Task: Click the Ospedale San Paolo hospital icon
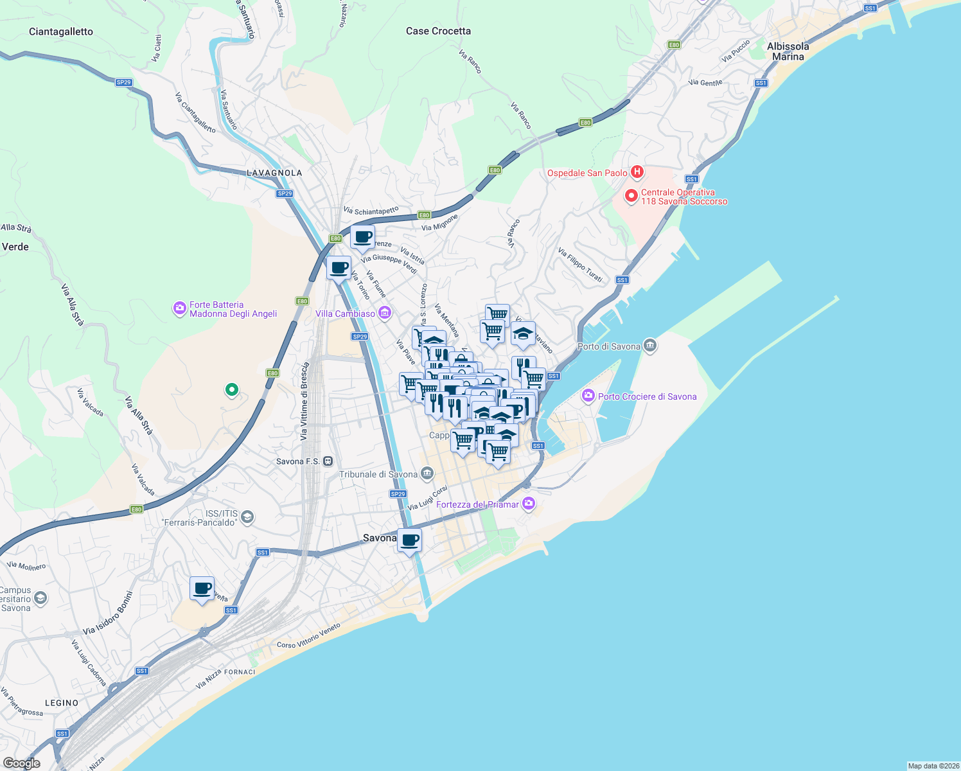637,172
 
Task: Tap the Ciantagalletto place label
61,31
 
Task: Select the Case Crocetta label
438,31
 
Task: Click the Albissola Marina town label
788,51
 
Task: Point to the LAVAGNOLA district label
274,173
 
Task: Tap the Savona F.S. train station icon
328,461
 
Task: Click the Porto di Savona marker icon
650,346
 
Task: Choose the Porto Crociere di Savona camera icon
588,396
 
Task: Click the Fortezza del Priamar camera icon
528,504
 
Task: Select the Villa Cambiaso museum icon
385,314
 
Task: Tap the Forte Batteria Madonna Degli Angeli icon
180,309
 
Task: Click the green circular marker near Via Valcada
232,389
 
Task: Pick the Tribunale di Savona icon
427,474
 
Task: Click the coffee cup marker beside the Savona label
409,540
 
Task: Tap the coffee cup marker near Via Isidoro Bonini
202,589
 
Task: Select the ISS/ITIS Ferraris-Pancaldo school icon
247,517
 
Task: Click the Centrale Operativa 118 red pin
631,196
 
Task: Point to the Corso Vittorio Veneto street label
308,636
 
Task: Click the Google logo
22,763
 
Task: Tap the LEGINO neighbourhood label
62,703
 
